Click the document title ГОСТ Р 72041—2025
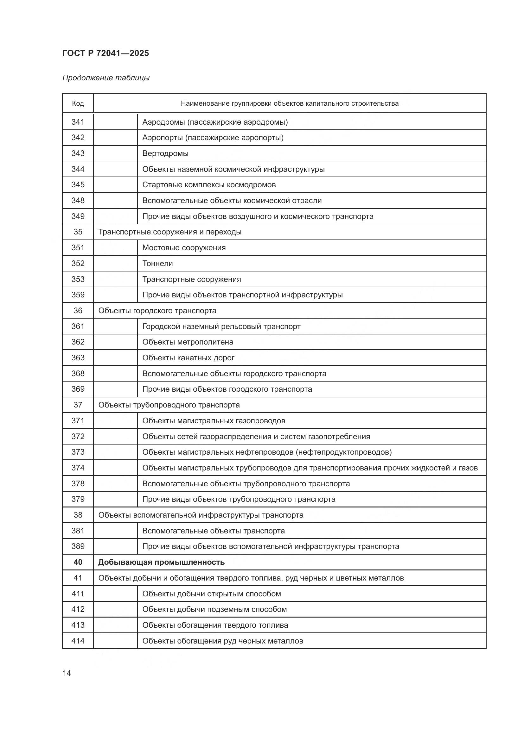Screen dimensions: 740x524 coord(105,53)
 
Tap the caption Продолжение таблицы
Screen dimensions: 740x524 coord(106,78)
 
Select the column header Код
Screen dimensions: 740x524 coord(78,103)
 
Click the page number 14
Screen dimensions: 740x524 coord(67,673)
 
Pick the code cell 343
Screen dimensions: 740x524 coord(78,153)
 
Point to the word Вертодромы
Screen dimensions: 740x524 coord(165,153)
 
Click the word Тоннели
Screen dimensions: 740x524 coord(157,264)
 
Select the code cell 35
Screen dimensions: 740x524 coord(78,232)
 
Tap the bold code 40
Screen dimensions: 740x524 coord(78,563)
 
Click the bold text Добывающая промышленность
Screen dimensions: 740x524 coord(161,563)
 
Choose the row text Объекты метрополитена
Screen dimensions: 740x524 coord(188,342)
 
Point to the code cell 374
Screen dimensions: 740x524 coord(78,468)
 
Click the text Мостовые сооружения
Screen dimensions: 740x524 coord(184,248)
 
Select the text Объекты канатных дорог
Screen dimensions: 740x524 coord(188,358)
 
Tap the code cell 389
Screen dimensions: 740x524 coord(78,547)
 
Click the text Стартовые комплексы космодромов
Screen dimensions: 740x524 coord(209,185)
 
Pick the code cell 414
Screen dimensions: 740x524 coord(78,641)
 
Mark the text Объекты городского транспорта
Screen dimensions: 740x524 coord(157,311)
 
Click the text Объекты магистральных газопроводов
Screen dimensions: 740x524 coord(214,421)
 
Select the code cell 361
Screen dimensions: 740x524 coord(78,326)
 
